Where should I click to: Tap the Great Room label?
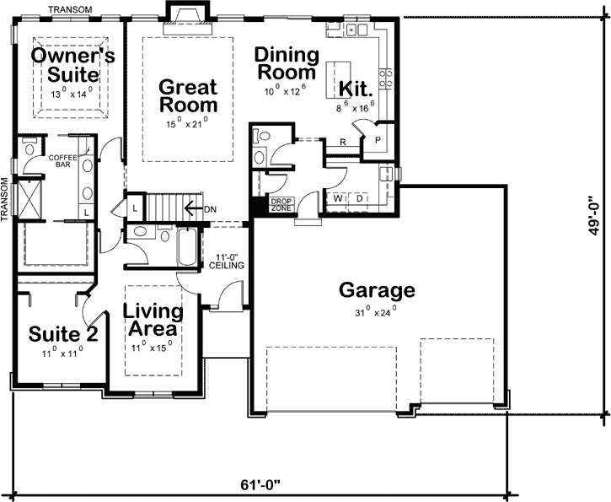pos(188,95)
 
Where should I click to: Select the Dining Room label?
pos(287,64)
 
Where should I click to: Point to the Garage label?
pos(377,291)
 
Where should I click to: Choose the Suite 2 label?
pos(63,333)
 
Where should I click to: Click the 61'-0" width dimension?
pos(259,485)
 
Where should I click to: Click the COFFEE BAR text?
pos(63,161)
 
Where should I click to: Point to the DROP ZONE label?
pos(280,203)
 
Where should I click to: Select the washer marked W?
pos(339,198)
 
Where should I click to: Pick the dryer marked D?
pos(360,198)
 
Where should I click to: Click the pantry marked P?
pos(378,140)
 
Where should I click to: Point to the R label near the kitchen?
pos(343,143)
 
